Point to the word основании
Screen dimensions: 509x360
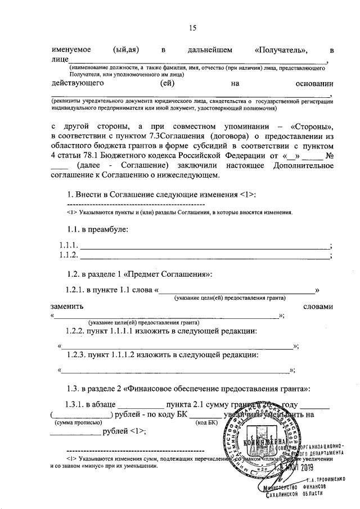(314, 83)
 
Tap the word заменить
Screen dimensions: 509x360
(67, 307)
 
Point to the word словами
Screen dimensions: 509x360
(318, 307)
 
